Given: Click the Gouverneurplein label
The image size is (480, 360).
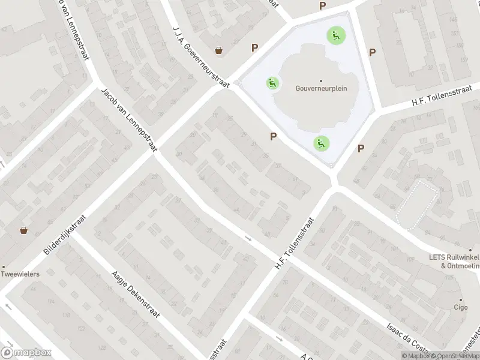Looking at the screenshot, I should point(321,88).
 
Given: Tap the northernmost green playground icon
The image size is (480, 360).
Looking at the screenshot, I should point(335,35).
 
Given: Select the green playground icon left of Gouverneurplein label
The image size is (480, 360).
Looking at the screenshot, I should point(273,83).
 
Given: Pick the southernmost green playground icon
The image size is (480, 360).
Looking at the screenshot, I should point(321,143).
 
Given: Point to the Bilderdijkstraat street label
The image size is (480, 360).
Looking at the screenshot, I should point(66,233).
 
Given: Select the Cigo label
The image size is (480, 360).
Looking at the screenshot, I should point(461,308).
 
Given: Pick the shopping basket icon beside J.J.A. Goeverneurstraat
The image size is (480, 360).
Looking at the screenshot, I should point(220,50).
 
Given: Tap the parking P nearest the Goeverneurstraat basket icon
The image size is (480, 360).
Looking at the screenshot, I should point(255,48).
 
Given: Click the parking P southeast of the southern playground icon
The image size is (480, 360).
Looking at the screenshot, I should point(361,149).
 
